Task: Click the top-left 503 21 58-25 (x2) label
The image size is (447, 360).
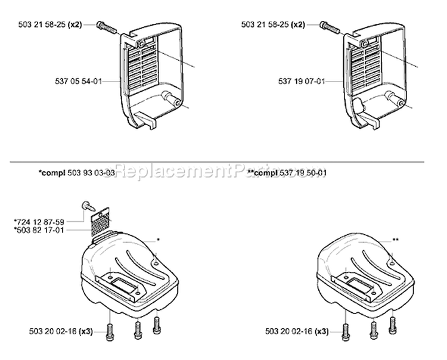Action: coord(67,24)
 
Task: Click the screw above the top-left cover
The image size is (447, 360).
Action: coord(105,26)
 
